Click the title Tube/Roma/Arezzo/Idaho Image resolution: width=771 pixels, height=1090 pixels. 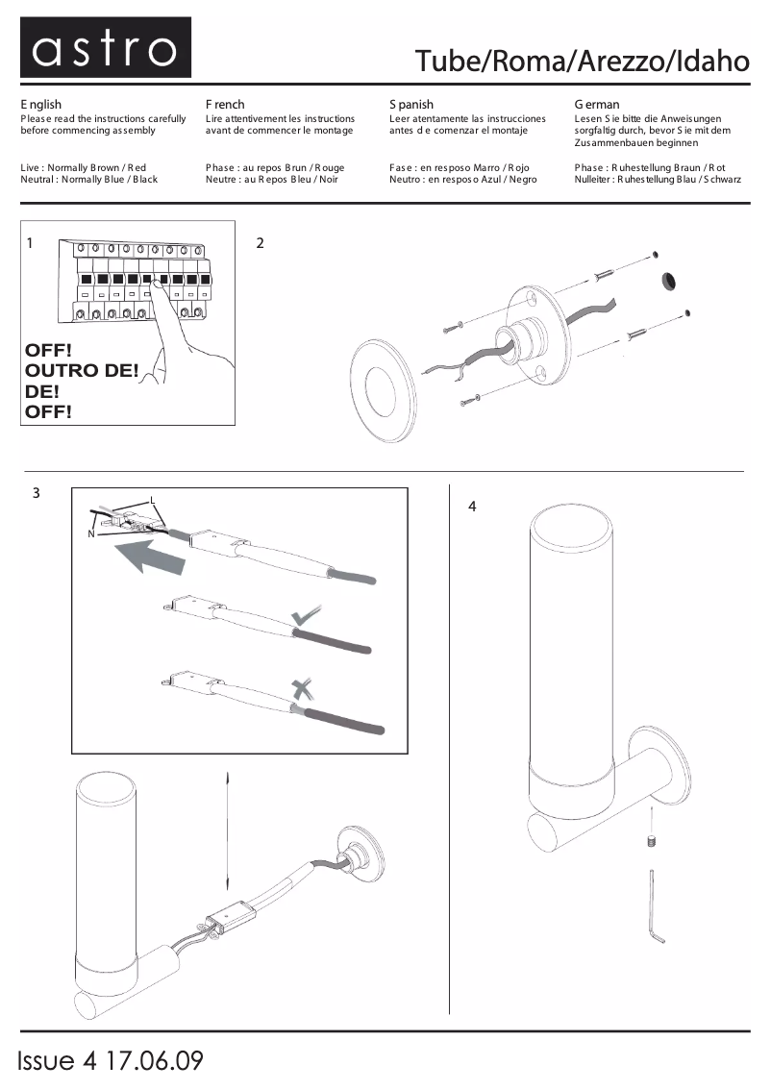(x=582, y=61)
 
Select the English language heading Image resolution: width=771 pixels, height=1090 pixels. (x=41, y=104)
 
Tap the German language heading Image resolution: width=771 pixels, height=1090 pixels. (x=597, y=104)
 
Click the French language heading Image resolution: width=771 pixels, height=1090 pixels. (x=225, y=104)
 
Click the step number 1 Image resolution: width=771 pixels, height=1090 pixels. (x=31, y=243)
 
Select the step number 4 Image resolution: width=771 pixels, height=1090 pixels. (x=472, y=506)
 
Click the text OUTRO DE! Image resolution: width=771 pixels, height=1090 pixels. (x=82, y=370)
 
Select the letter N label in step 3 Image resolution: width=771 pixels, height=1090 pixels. (x=90, y=534)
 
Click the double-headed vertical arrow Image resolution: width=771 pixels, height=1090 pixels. (x=227, y=831)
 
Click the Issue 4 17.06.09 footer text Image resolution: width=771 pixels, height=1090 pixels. (x=111, y=1061)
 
